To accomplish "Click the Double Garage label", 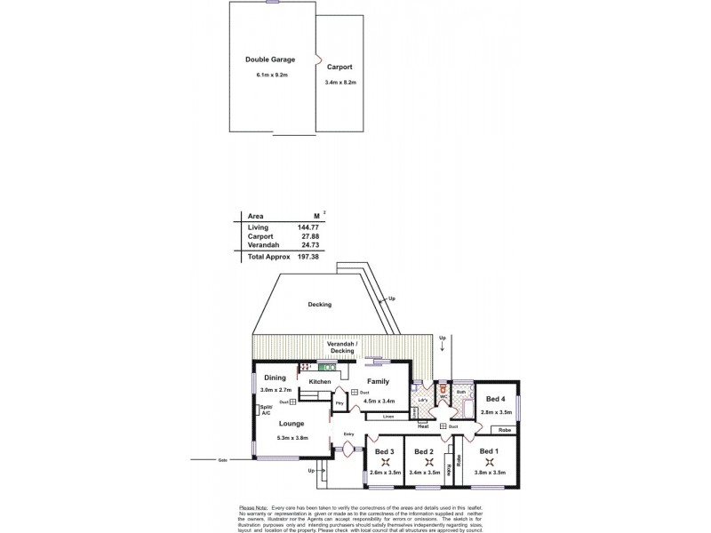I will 270,60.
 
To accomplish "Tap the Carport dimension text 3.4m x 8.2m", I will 340,83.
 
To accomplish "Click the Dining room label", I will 275,378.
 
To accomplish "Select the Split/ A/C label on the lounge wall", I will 266,410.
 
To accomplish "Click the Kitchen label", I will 320,382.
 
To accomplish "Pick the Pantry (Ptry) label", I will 339,403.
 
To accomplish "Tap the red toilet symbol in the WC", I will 441,387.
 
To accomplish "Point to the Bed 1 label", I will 488,451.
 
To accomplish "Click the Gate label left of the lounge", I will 223,460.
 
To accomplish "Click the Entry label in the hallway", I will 349,434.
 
